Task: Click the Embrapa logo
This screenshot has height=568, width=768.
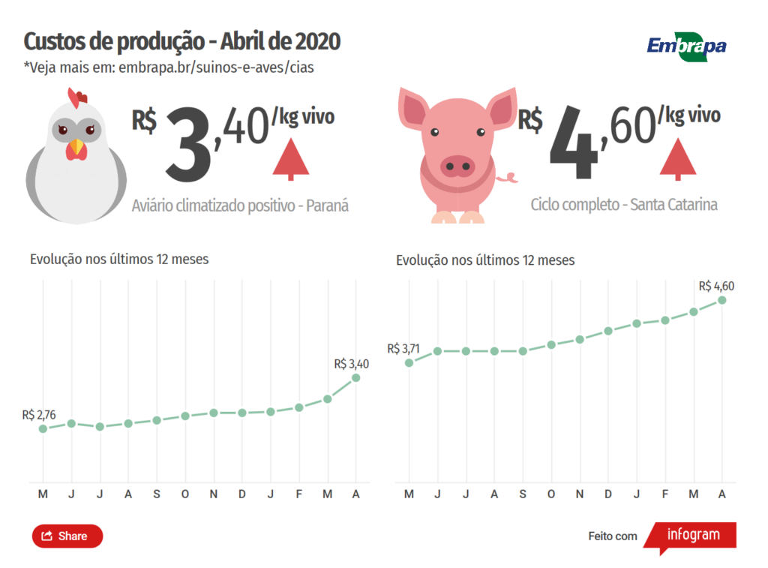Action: pyautogui.click(x=686, y=46)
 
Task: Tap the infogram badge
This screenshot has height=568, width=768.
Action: pyautogui.click(x=691, y=535)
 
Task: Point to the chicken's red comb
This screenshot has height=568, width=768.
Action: pyautogui.click(x=77, y=97)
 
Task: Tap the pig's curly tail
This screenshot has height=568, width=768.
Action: pyautogui.click(x=509, y=178)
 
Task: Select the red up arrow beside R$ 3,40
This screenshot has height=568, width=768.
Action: pyautogui.click(x=292, y=160)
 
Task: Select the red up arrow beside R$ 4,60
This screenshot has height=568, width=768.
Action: pyautogui.click(x=678, y=159)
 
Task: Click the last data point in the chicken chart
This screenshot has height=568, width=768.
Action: pyautogui.click(x=355, y=377)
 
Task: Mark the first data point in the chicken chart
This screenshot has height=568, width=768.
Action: pyautogui.click(x=43, y=428)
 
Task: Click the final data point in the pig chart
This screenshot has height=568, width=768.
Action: pyautogui.click(x=722, y=300)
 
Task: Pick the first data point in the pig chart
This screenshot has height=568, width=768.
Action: pyautogui.click(x=409, y=362)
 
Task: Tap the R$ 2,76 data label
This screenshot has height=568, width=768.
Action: pyautogui.click(x=39, y=414)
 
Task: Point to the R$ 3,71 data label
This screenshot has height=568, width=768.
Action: pyautogui.click(x=405, y=348)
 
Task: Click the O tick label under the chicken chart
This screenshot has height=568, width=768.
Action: pyautogui.click(x=185, y=494)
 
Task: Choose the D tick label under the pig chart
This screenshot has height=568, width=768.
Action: pyautogui.click(x=608, y=494)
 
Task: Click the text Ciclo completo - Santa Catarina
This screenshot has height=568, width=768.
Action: pyautogui.click(x=624, y=204)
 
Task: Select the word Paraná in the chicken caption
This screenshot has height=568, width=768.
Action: pyautogui.click(x=328, y=206)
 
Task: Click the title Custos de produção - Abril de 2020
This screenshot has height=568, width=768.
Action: pyautogui.click(x=182, y=41)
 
